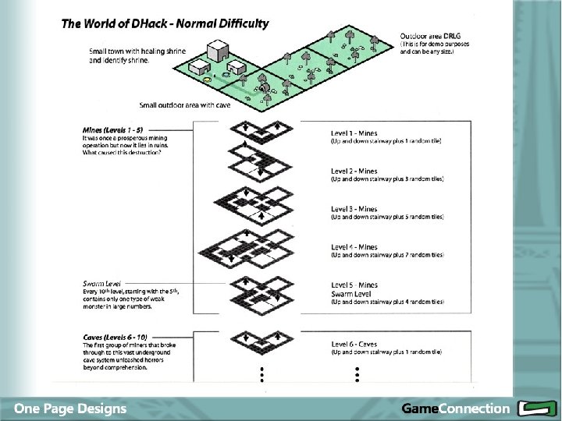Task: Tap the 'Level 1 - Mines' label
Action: pyautogui.click(x=354, y=134)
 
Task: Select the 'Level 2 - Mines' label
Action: pyautogui.click(x=354, y=172)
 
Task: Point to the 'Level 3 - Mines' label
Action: pyautogui.click(x=354, y=209)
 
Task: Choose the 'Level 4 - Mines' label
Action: pyautogui.click(x=354, y=247)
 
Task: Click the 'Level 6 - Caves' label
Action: pyautogui.click(x=354, y=344)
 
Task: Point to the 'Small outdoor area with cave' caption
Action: pyautogui.click(x=184, y=104)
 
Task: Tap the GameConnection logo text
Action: pyautogui.click(x=455, y=408)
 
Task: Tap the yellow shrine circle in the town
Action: pyautogui.click(x=207, y=80)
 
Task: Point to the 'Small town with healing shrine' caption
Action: pyautogui.click(x=137, y=51)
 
